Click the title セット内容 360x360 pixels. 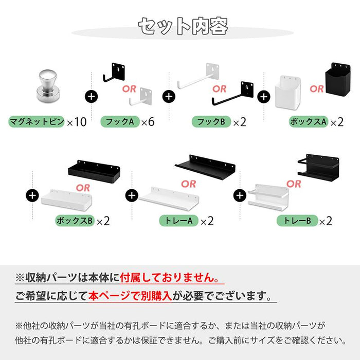[x=183, y=26]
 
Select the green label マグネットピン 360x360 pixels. [x=37, y=122]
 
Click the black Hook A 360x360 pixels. [x=116, y=73]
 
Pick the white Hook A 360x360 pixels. [x=141, y=96]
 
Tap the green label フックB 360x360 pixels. [x=211, y=122]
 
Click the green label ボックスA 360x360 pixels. [x=308, y=122]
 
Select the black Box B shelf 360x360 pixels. [x=94, y=170]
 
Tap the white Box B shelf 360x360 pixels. [x=67, y=199]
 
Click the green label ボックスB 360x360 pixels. [x=75, y=221]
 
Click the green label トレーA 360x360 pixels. [x=177, y=221]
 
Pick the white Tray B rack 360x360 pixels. [x=267, y=196]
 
